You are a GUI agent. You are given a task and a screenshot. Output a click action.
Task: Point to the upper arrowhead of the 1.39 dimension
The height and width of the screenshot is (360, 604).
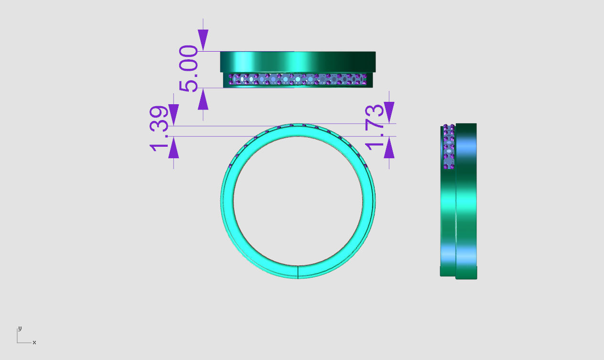[173, 115]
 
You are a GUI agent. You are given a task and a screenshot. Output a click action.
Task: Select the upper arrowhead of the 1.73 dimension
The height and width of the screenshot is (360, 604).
[389, 113]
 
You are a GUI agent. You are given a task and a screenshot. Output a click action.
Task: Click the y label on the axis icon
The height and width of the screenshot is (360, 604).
[20, 328]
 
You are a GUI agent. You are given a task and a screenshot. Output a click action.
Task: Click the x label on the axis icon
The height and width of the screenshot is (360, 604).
[34, 342]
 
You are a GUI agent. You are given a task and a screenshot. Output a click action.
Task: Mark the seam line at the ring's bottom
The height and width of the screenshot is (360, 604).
[298, 272]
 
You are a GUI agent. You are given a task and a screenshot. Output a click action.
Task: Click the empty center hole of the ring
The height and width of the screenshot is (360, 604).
[298, 201]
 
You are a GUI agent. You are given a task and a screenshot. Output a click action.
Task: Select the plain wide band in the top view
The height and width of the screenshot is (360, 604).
[298, 62]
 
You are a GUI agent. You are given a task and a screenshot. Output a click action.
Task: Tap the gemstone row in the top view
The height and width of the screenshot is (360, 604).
[298, 79]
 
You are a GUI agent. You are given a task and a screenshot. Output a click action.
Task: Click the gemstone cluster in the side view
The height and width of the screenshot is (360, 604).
[448, 147]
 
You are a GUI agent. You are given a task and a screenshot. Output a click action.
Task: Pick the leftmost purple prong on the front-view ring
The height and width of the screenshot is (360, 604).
[230, 166]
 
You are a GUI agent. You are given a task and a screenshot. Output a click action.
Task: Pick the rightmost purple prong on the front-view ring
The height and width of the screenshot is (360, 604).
[366, 166]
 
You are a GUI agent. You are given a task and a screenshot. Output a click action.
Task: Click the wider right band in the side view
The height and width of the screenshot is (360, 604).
[466, 201]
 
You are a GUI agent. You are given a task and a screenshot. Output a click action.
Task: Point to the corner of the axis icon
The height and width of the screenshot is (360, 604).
[18, 342]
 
